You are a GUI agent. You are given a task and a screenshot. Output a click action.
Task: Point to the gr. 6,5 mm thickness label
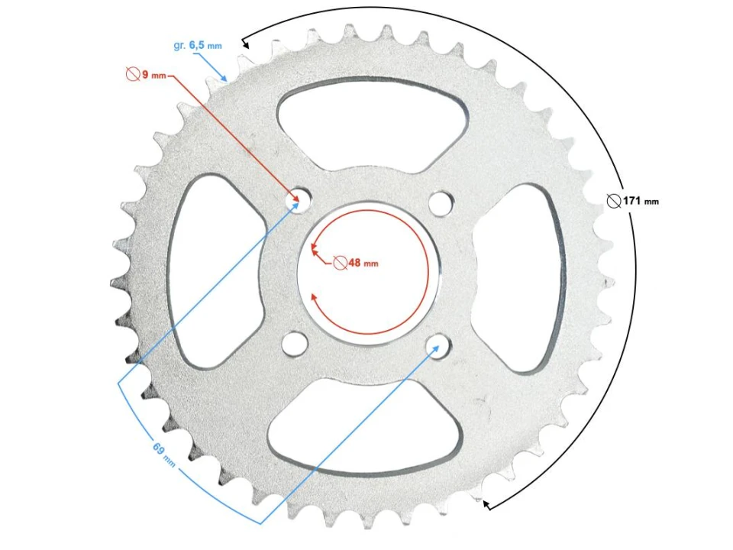[x=198, y=46]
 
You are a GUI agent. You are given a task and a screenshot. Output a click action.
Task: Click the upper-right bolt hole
[x=439, y=202]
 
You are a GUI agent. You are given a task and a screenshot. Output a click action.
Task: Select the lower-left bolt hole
[x=293, y=343]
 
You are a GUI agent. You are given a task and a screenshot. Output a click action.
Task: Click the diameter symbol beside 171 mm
[x=613, y=201]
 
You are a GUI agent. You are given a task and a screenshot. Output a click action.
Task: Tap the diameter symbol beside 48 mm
[x=340, y=262]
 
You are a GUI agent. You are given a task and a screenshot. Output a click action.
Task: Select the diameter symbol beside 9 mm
[x=131, y=75]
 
